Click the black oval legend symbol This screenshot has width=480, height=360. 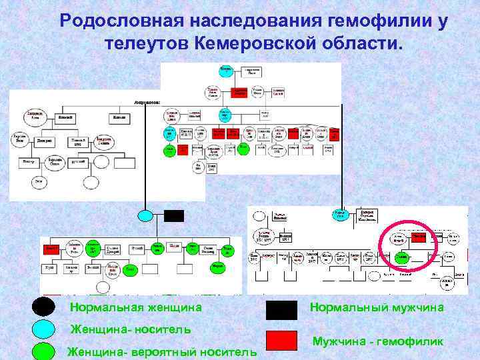[44, 307]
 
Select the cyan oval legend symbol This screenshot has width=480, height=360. [44, 329]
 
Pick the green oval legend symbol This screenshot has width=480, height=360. [44, 351]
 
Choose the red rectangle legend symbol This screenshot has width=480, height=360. [281, 341]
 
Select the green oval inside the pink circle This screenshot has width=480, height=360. [402, 257]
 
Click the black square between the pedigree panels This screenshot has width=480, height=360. [173, 215]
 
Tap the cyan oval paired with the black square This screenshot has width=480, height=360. [145, 215]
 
